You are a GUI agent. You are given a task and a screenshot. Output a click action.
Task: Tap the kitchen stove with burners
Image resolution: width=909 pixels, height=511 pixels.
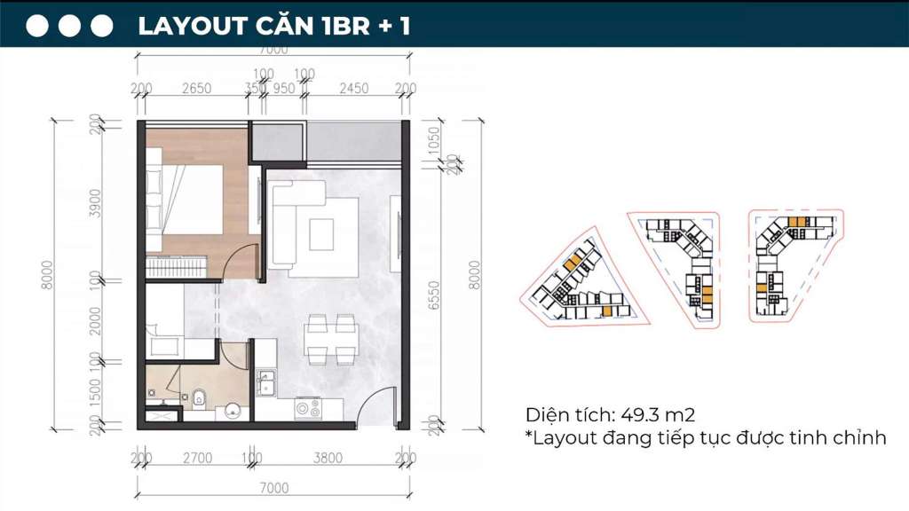coord(308,409)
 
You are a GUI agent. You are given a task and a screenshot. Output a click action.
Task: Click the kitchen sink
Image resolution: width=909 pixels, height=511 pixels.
coord(265,384)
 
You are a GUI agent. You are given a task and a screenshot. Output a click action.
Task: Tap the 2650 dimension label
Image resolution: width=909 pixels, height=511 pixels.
coord(195,88)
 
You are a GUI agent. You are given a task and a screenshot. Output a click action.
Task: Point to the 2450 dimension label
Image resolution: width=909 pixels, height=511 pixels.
coord(353,88)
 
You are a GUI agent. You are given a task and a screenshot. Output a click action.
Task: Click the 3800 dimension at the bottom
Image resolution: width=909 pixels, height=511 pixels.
coord(328,459)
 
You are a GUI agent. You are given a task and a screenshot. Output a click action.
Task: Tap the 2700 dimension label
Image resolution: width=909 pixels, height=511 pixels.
coord(196,459)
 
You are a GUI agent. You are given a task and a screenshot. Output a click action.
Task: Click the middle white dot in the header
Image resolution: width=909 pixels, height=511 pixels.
coord(70,26)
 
